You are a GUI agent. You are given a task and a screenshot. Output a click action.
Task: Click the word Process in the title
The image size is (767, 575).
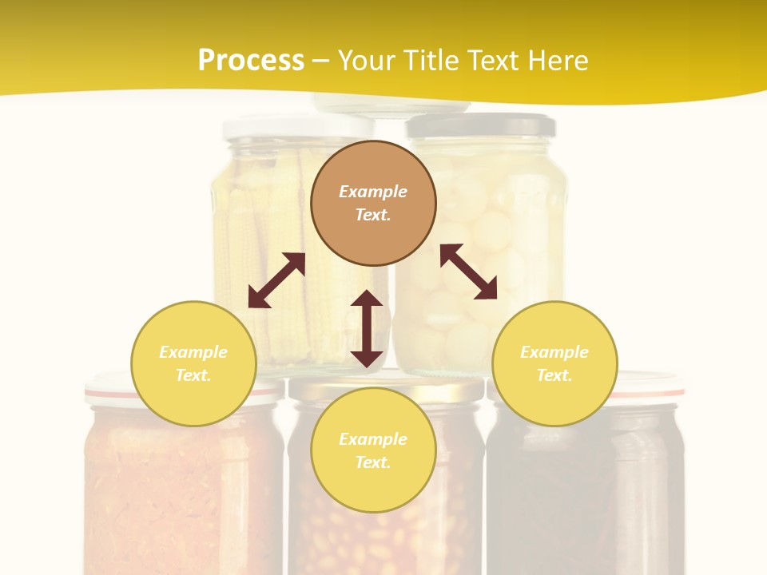click(251, 61)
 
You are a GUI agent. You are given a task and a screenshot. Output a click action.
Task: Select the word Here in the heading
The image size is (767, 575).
click(558, 61)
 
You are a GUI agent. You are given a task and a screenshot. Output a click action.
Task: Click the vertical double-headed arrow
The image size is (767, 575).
click(367, 328)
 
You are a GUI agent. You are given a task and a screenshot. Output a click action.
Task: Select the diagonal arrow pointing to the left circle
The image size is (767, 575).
click(276, 280)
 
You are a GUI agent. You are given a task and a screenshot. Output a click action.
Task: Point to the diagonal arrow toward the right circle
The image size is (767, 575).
click(468, 272)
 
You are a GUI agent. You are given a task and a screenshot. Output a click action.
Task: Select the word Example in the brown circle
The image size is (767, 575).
click(373, 192)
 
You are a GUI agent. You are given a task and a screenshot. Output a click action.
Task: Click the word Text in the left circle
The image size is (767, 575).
click(193, 375)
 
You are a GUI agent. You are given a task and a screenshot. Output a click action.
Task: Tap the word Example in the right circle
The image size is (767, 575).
click(554, 352)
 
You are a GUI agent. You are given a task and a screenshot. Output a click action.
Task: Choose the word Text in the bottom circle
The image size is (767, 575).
click(373, 462)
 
